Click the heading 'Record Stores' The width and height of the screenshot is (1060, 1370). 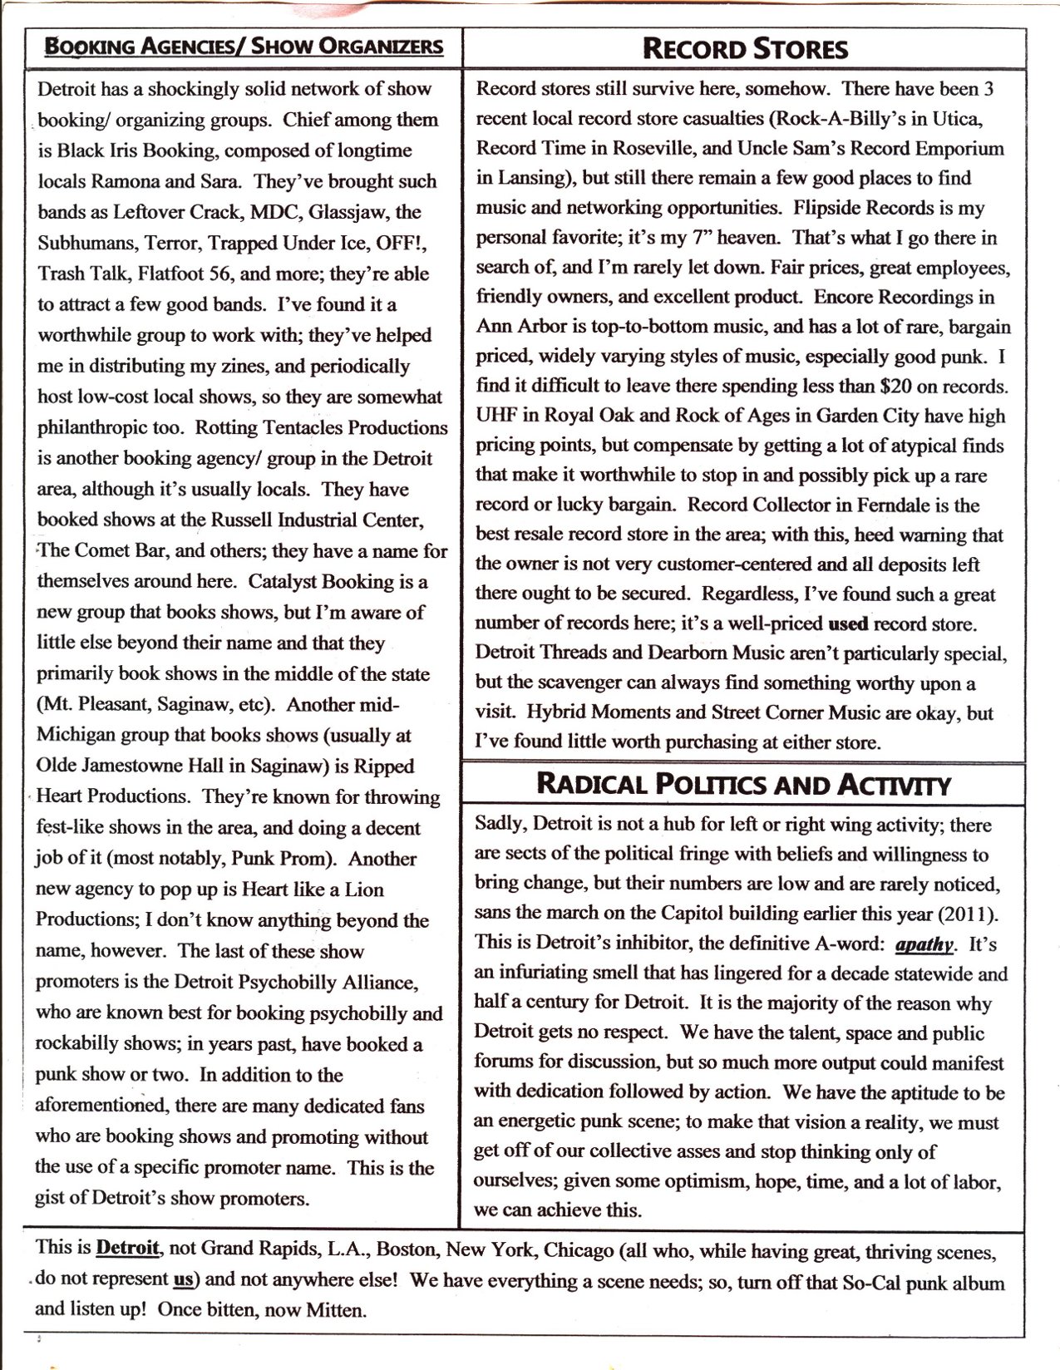[745, 49]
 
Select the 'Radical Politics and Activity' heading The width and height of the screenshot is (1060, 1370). [743, 783]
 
